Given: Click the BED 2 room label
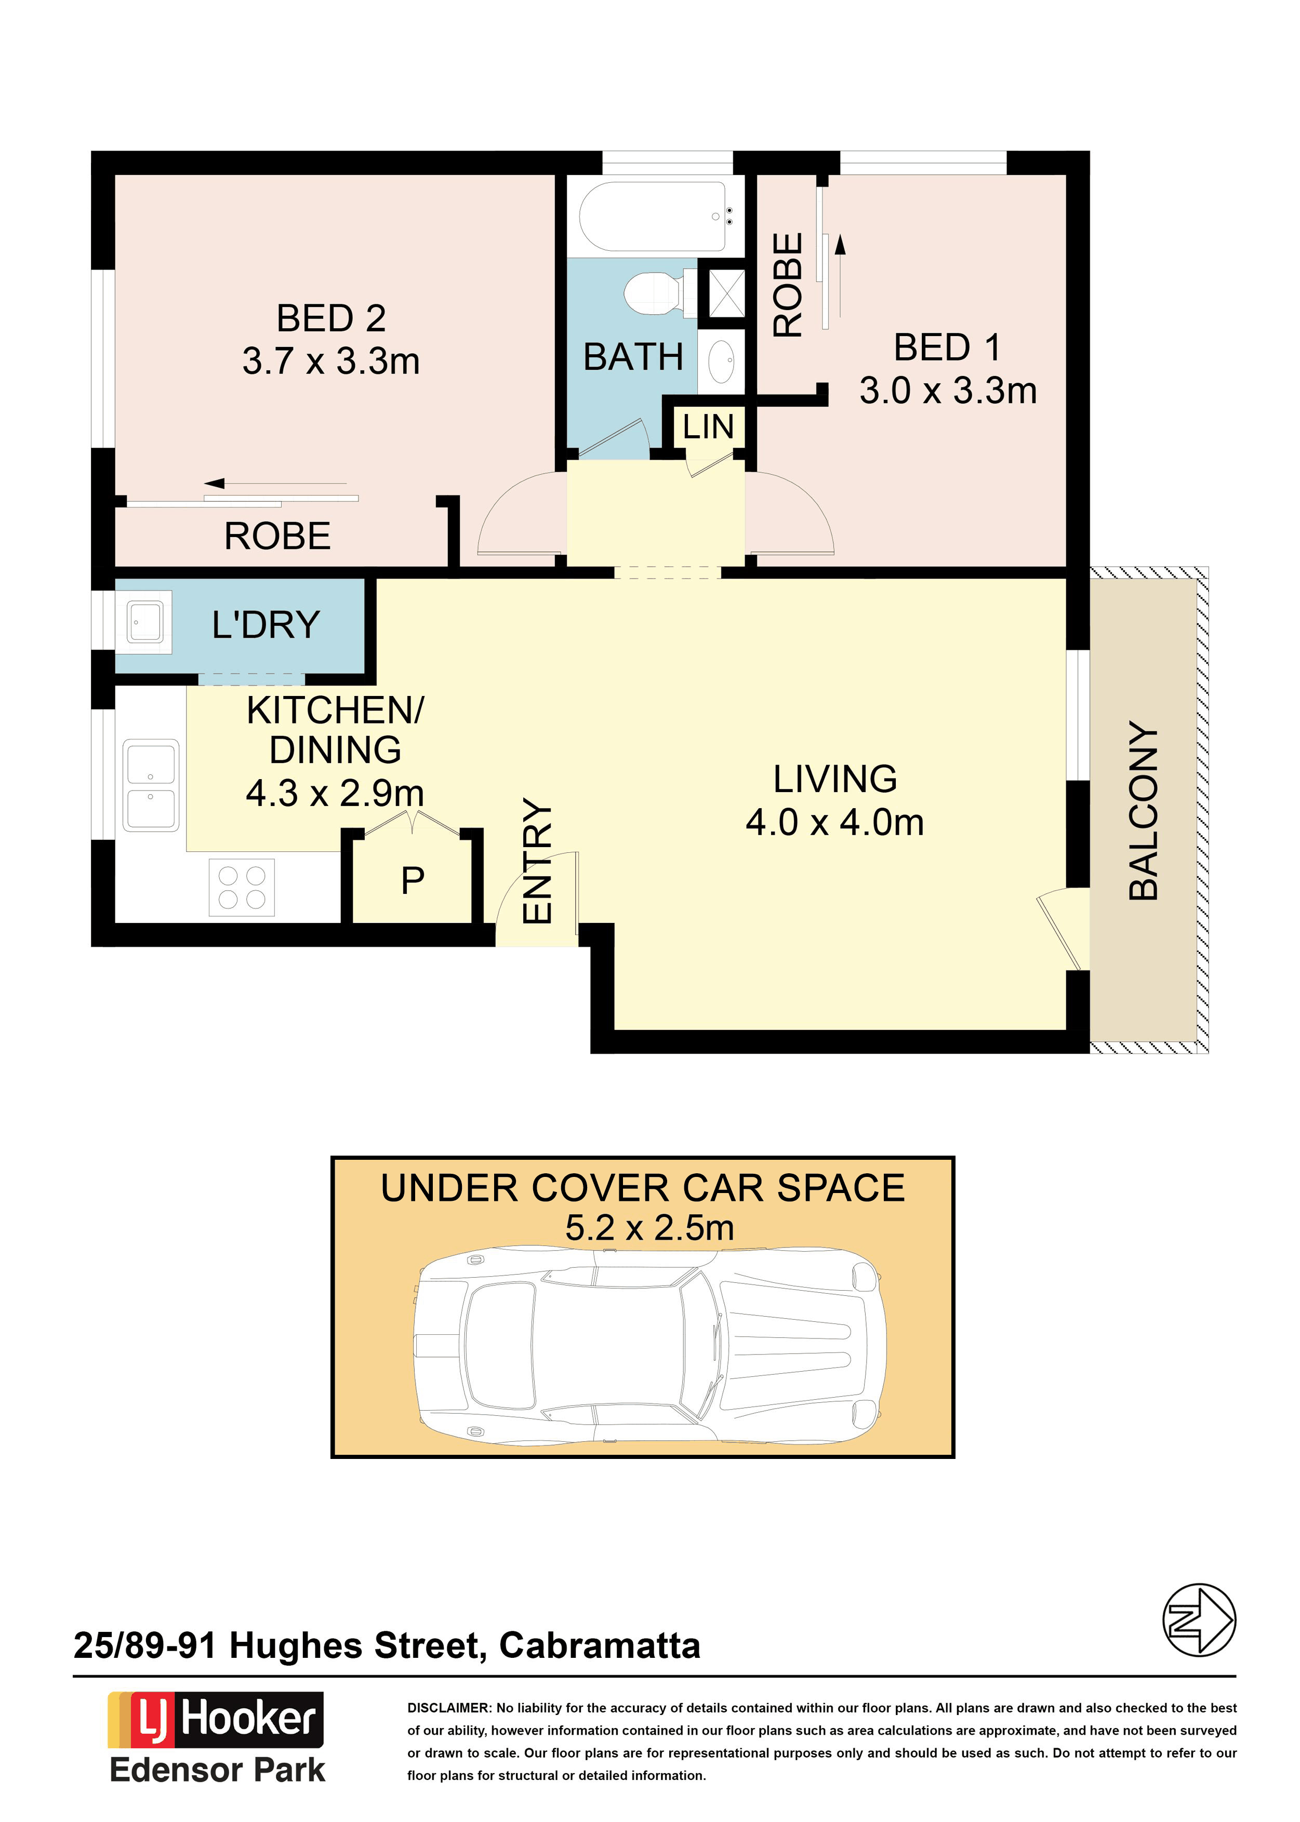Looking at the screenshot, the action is tap(331, 318).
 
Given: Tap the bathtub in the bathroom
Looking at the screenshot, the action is tap(653, 216).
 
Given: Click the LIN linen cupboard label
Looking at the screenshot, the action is tap(708, 427).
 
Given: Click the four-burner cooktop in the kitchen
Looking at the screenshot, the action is tap(242, 888).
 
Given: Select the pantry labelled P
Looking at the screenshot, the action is tap(412, 880).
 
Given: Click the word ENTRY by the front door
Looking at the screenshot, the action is tap(538, 861).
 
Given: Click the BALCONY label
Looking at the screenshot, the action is tap(1143, 811).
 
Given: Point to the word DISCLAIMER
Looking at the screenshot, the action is tap(449, 1708).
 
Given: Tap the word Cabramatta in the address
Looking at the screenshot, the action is tap(600, 1646).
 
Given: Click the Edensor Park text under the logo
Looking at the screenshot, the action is tap(218, 1771).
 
